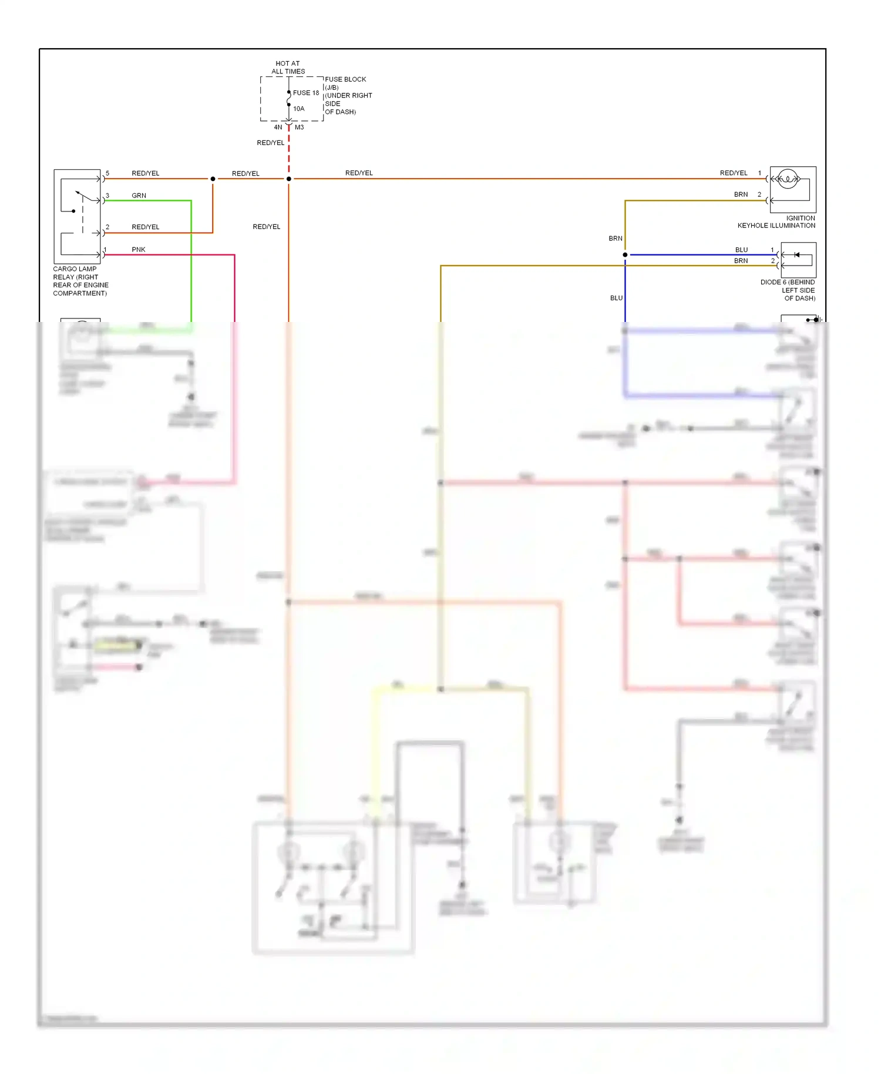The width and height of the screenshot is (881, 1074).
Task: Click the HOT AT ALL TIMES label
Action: point(288,68)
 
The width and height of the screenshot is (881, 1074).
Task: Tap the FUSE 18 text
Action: point(306,93)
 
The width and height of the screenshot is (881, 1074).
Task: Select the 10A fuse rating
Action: point(298,109)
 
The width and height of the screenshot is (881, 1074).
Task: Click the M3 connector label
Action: point(300,127)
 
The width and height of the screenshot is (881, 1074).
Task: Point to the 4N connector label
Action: point(278,127)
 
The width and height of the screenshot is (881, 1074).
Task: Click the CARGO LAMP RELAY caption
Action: point(80,281)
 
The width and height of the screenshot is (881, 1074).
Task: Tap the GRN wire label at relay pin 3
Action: point(139,196)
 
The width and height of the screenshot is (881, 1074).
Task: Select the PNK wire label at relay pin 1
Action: point(138,250)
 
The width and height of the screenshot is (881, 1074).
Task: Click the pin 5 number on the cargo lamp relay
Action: point(107,173)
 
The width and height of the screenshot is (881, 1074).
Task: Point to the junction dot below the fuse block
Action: point(288,179)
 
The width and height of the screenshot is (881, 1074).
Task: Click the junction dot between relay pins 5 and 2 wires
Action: point(213,179)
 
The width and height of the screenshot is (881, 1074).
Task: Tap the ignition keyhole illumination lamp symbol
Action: point(787,179)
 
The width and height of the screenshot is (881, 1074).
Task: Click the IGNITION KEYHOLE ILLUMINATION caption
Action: point(776,222)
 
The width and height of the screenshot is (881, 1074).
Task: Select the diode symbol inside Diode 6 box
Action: point(796,255)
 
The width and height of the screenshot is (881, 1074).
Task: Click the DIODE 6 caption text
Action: point(788,290)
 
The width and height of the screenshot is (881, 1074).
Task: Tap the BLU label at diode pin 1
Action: point(741,250)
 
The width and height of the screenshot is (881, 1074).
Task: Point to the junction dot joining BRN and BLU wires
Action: point(625,255)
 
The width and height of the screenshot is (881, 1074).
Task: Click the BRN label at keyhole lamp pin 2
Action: point(741,194)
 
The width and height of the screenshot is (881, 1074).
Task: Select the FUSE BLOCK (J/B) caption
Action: point(345,83)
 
